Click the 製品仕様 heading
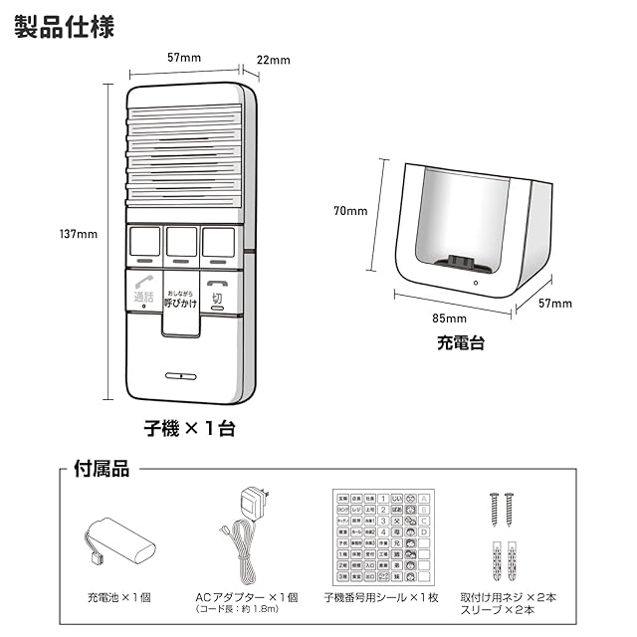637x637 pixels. (x=65, y=26)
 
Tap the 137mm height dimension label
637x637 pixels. (x=80, y=235)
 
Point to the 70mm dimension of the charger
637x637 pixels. (x=350, y=211)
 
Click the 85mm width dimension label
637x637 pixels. (x=450, y=318)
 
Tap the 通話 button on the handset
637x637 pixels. (x=143, y=291)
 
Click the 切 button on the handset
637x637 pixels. (x=217, y=291)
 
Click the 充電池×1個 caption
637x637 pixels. (x=117, y=597)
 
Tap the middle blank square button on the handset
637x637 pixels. (x=181, y=242)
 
